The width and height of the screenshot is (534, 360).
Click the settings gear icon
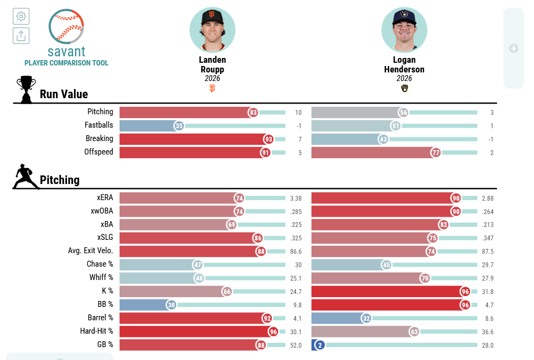(21, 16)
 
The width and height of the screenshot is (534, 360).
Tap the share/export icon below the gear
(21, 36)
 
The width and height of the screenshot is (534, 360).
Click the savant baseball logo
(66, 27)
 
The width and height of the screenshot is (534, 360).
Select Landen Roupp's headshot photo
(212, 30)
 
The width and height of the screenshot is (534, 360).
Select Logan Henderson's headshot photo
(404, 30)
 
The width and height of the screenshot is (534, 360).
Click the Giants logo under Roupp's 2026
(212, 89)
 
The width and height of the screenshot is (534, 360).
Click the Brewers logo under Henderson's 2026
(404, 89)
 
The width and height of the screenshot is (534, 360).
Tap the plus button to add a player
(514, 48)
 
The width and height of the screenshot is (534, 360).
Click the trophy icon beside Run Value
(26, 89)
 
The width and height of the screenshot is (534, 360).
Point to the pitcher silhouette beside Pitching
(26, 177)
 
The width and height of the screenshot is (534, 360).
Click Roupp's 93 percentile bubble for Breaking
(269, 139)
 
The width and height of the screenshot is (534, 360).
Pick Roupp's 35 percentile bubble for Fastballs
(179, 126)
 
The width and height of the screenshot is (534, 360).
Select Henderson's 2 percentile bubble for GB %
(320, 345)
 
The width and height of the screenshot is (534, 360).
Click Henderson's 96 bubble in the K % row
(465, 291)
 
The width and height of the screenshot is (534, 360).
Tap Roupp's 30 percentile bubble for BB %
(172, 305)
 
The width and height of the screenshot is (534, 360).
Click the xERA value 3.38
(295, 198)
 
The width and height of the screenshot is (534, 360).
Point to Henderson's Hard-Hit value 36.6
(488, 332)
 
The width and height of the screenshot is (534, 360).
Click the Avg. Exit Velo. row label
(90, 251)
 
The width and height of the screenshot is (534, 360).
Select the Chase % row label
(100, 264)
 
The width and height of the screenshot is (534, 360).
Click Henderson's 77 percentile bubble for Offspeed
(436, 152)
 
